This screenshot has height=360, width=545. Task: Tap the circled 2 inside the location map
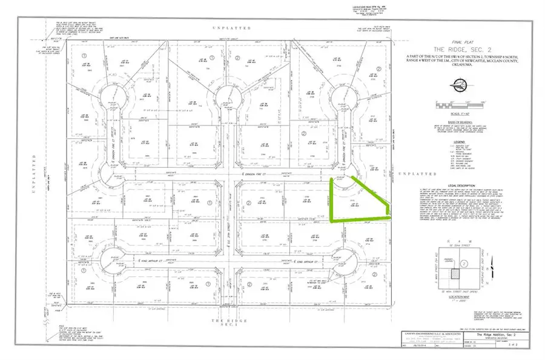click(x=464, y=264)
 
